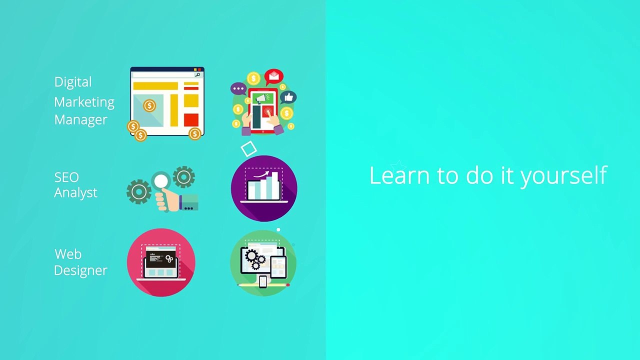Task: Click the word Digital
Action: point(73,82)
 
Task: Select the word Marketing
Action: point(84,102)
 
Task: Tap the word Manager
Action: point(80,120)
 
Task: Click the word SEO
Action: point(66,177)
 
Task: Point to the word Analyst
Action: point(75,193)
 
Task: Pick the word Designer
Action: point(80,270)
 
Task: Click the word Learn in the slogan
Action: point(399,176)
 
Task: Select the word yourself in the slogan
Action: point(563,176)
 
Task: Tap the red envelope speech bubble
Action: point(273,76)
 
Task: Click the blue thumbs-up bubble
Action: point(288,97)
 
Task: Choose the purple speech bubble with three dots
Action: point(238,89)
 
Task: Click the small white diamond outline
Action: point(248,148)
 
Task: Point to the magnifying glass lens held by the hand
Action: point(161,180)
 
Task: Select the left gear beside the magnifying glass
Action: point(138,191)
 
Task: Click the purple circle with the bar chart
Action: point(264,188)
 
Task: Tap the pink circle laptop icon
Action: point(161,262)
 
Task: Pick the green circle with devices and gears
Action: point(263,263)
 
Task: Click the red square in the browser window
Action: point(191,120)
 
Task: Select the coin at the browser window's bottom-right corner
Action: point(194,133)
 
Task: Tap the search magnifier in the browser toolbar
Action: point(198,75)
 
